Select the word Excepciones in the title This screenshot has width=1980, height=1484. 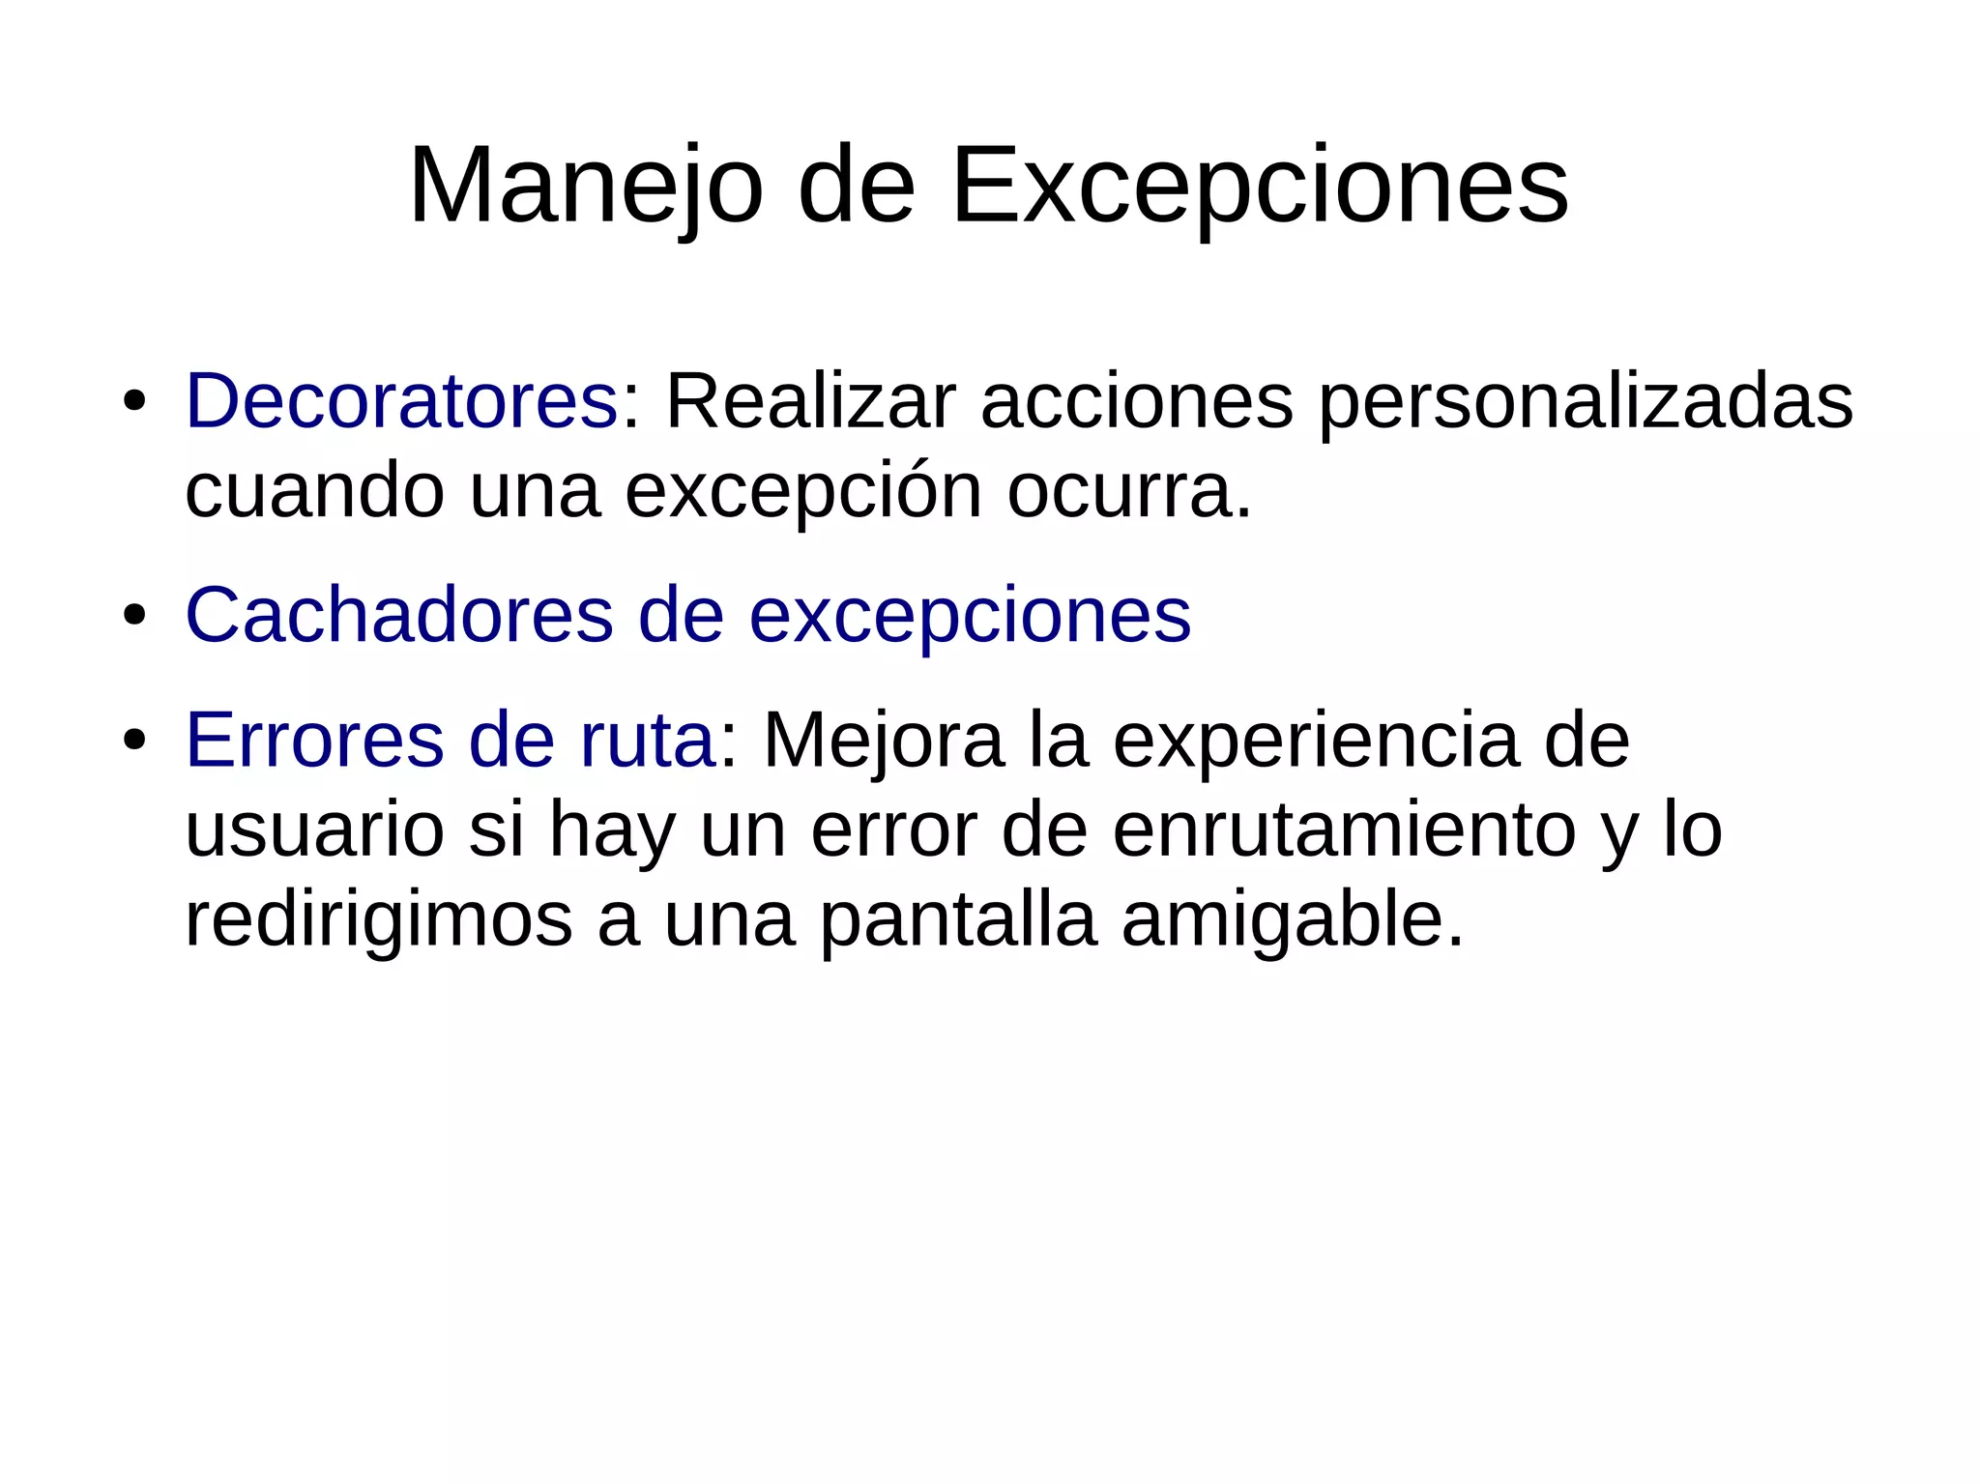[x=1260, y=186]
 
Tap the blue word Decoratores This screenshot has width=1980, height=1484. [x=401, y=401]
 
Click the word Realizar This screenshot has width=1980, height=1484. [x=811, y=401]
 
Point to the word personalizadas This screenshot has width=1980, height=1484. [x=1586, y=401]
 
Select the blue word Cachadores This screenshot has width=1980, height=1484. [x=399, y=615]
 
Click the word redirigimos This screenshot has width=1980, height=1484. [x=378, y=921]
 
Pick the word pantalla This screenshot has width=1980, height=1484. [x=958, y=921]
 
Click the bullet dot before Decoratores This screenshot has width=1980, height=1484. [x=134, y=401]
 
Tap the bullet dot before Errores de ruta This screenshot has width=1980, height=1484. [x=134, y=741]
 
